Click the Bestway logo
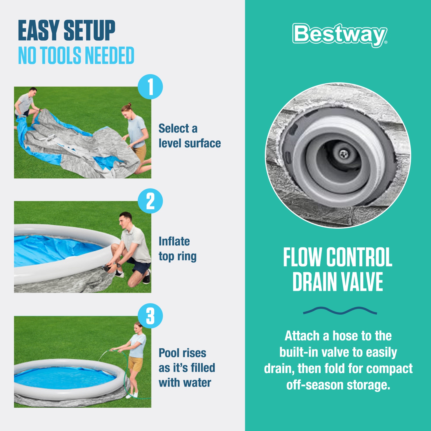tap(340, 35)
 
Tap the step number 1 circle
tap(150, 87)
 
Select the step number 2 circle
tap(150, 201)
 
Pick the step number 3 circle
tap(150, 316)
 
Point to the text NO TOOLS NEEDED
tap(76, 55)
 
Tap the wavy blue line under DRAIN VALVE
tap(340, 311)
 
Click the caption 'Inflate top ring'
tap(177, 249)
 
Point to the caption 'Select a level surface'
tap(189, 136)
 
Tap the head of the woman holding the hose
tap(138, 327)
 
